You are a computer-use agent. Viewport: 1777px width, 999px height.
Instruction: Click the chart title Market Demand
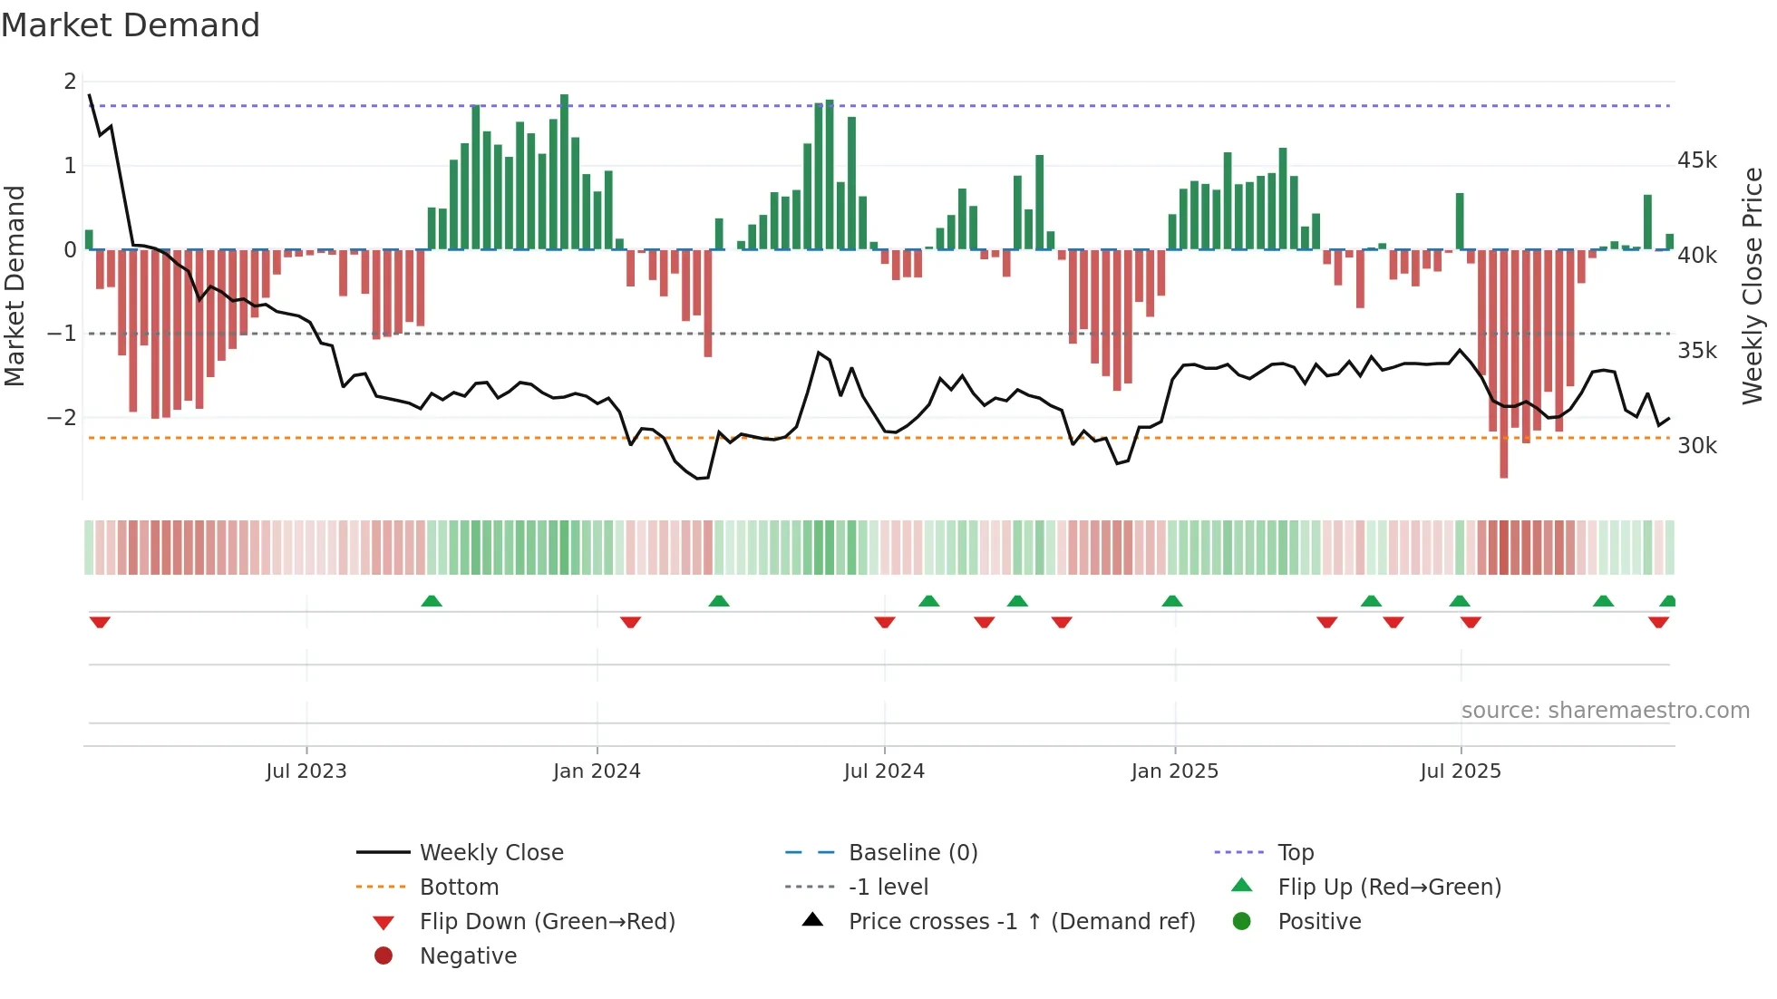point(131,25)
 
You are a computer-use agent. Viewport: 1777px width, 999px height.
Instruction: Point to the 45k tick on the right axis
point(1696,160)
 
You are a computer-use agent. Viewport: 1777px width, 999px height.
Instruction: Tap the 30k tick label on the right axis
point(1696,446)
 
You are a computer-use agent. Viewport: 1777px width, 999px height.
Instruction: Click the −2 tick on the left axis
point(63,418)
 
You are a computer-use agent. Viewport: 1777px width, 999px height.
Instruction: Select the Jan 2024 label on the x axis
point(597,771)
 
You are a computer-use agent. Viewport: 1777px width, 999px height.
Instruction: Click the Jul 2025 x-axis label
point(1460,771)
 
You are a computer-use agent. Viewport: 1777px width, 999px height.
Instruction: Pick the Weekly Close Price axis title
point(1753,286)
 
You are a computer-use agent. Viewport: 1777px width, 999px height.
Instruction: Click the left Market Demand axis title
point(15,286)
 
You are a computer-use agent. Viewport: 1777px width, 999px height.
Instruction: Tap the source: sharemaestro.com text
point(1605,711)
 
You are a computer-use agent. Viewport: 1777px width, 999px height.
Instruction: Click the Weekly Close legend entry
point(490,853)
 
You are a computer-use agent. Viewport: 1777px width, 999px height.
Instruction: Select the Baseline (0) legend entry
point(912,853)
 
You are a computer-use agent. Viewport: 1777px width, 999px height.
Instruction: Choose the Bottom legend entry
point(459,887)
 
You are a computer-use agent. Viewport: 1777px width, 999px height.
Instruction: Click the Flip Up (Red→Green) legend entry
point(1389,887)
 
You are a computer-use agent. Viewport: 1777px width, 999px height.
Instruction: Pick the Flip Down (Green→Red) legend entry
point(547,922)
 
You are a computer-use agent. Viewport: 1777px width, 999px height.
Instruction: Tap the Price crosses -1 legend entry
point(1021,922)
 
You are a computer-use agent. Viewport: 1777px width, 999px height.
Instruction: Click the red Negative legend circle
point(384,956)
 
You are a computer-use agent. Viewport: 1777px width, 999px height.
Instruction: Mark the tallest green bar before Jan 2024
point(564,172)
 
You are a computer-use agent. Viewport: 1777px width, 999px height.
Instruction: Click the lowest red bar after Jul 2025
point(1504,363)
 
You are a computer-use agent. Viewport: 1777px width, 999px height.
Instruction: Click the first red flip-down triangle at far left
point(100,622)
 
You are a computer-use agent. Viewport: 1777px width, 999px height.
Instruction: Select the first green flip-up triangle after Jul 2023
point(432,601)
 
